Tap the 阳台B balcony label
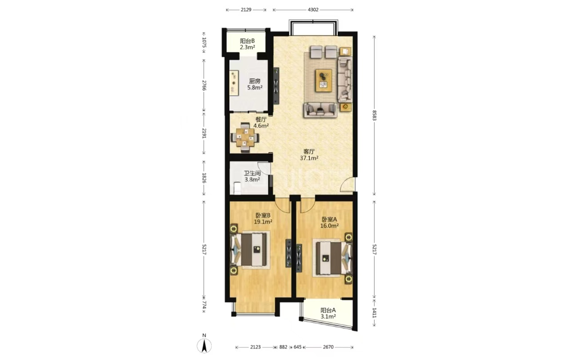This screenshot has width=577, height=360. click(x=247, y=44)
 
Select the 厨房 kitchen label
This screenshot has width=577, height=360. click(x=255, y=84)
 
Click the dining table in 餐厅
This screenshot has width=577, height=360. click(x=245, y=138)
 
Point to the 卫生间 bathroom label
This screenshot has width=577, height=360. click(x=253, y=176)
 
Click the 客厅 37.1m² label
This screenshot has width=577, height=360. click(x=309, y=155)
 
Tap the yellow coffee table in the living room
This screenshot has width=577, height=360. click(x=323, y=80)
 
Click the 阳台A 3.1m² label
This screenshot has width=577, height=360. click(x=328, y=313)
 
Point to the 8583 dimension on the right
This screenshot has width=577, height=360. click(x=374, y=116)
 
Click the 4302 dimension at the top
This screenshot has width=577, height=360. click(x=313, y=9)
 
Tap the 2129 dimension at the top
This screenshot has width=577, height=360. click(x=246, y=9)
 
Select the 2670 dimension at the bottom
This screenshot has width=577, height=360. click(x=328, y=347)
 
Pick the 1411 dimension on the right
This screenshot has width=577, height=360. click(x=374, y=313)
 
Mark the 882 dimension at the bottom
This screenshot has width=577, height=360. click(x=284, y=347)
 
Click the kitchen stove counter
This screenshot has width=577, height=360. click(x=234, y=83)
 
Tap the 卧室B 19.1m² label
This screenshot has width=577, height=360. click(x=263, y=219)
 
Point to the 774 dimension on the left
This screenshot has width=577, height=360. click(x=204, y=306)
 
